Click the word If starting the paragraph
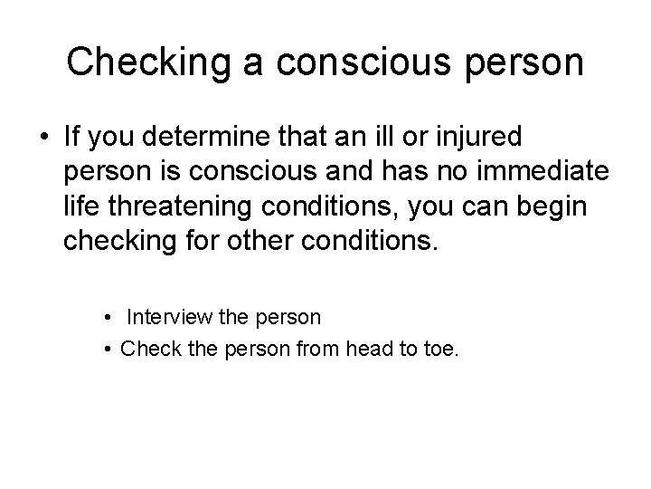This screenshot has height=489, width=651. [71, 139]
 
